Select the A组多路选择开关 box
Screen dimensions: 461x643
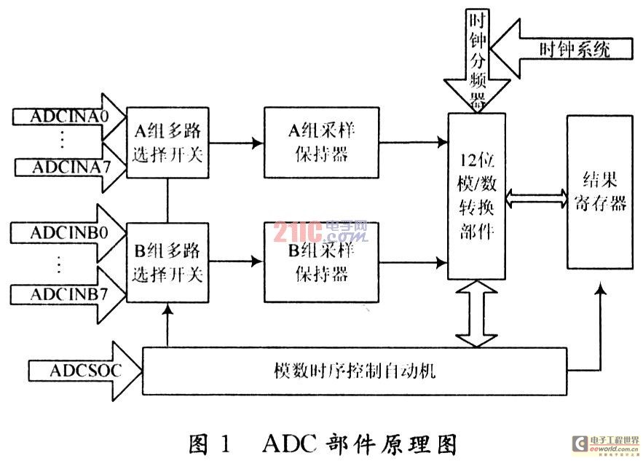(167, 143)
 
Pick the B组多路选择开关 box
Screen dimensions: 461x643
(167, 263)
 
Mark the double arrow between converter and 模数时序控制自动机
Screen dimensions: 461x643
(477, 314)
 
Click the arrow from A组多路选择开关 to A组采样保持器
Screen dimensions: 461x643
(232, 143)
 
